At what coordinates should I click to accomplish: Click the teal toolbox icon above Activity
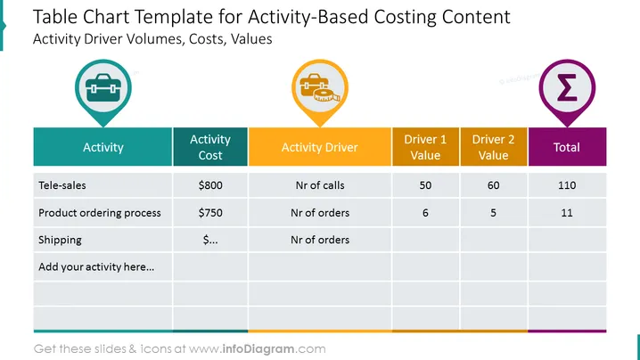[x=103, y=87]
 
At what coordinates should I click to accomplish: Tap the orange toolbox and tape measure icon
[x=320, y=87]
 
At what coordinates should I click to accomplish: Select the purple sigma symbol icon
[x=567, y=87]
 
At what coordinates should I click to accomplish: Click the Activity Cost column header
[x=210, y=147]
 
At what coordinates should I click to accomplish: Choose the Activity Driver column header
[x=320, y=147]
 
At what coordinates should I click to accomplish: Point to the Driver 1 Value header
[x=425, y=147]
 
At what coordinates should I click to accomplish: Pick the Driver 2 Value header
[x=494, y=147]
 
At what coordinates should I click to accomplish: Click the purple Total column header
[x=567, y=147]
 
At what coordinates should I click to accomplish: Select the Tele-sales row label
[x=62, y=185]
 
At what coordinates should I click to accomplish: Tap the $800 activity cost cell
[x=210, y=185]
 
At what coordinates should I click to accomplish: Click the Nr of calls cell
[x=320, y=185]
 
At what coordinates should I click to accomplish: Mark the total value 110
[x=567, y=185]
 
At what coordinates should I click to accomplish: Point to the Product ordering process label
[x=100, y=213]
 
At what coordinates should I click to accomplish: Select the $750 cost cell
[x=210, y=213]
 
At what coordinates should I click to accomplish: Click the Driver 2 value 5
[x=494, y=213]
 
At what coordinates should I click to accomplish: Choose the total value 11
[x=567, y=213]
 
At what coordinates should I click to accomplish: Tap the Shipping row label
[x=60, y=240]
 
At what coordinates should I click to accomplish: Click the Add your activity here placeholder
[x=96, y=267]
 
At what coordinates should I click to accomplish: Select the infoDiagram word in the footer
[x=258, y=349]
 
